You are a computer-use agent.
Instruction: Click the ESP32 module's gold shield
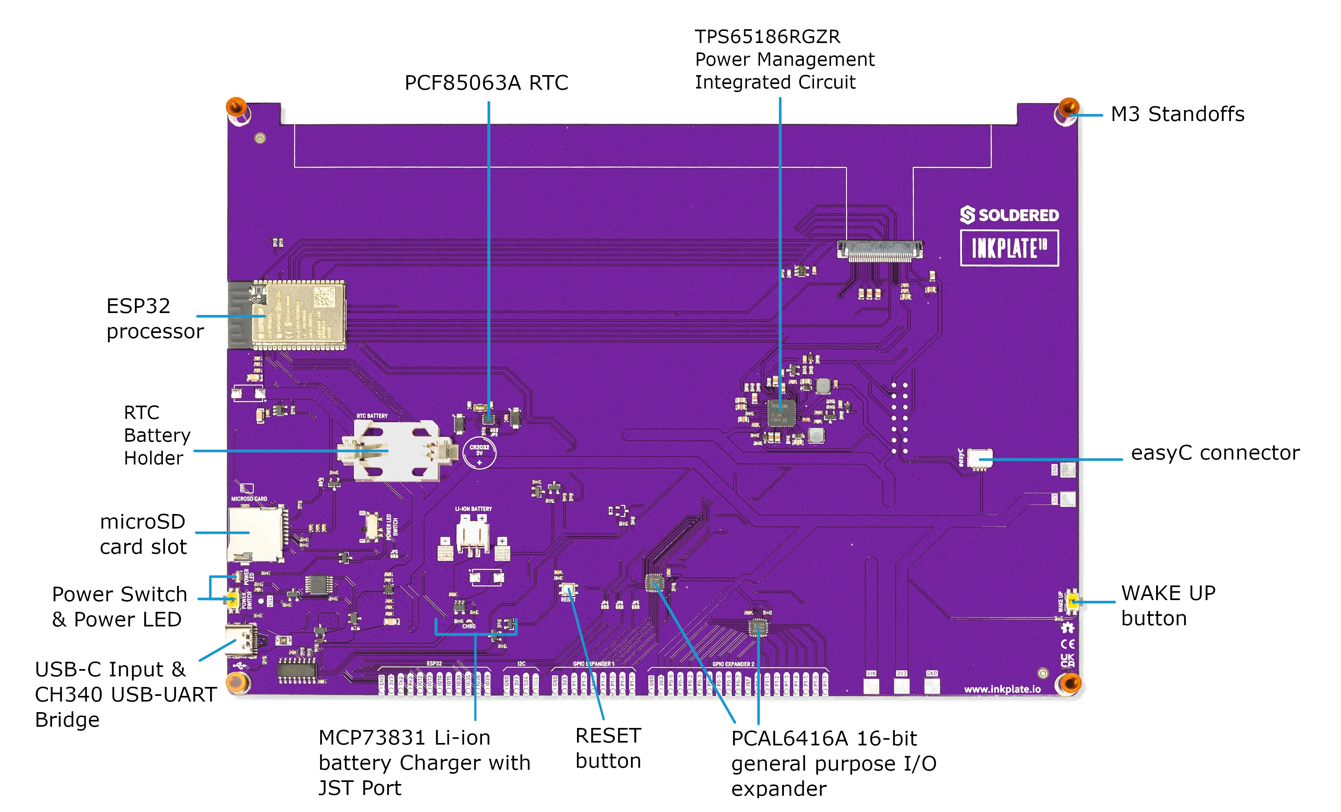click(305, 315)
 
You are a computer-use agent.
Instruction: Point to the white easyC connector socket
click(980, 458)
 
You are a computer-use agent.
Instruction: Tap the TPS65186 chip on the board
click(781, 413)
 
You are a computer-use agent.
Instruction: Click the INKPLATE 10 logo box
click(1009, 248)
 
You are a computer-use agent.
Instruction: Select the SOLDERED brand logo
click(1009, 215)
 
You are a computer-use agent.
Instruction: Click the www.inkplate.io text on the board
click(1002, 689)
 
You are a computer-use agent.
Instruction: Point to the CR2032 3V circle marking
click(479, 453)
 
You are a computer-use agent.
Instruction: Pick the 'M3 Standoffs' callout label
click(1177, 114)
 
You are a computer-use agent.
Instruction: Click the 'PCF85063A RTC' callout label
click(486, 83)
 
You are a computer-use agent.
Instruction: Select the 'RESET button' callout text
click(608, 748)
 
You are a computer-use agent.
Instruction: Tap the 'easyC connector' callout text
click(1215, 453)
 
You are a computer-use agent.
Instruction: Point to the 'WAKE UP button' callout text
click(1168, 605)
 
